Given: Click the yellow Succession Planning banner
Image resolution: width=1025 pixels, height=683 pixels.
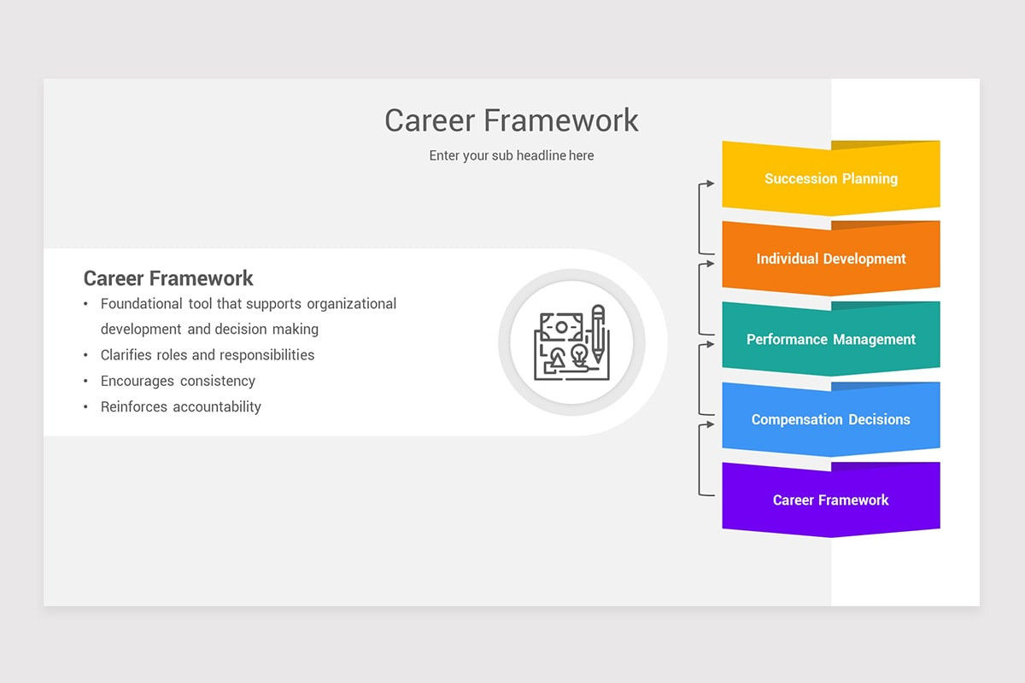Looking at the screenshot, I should (x=830, y=178).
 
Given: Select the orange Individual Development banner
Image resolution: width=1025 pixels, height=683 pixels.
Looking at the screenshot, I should (x=830, y=259).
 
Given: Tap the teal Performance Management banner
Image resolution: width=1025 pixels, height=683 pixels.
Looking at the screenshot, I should (x=830, y=339).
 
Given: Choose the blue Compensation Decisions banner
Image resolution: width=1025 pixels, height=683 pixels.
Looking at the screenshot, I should (x=830, y=419).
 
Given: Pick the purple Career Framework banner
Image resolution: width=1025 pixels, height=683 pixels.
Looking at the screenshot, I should (x=830, y=500).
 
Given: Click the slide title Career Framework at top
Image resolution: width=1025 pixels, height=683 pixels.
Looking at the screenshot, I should (x=511, y=120).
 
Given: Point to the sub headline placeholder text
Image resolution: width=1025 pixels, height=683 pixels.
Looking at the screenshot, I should (x=511, y=155).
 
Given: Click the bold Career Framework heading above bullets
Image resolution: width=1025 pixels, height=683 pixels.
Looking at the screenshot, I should (x=168, y=278).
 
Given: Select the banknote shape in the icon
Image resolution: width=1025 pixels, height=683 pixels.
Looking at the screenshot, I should (x=560, y=327).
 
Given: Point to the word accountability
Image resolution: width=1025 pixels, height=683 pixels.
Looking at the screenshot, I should (x=217, y=407).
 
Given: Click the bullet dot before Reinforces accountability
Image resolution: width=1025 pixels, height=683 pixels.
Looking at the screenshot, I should (x=85, y=407).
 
